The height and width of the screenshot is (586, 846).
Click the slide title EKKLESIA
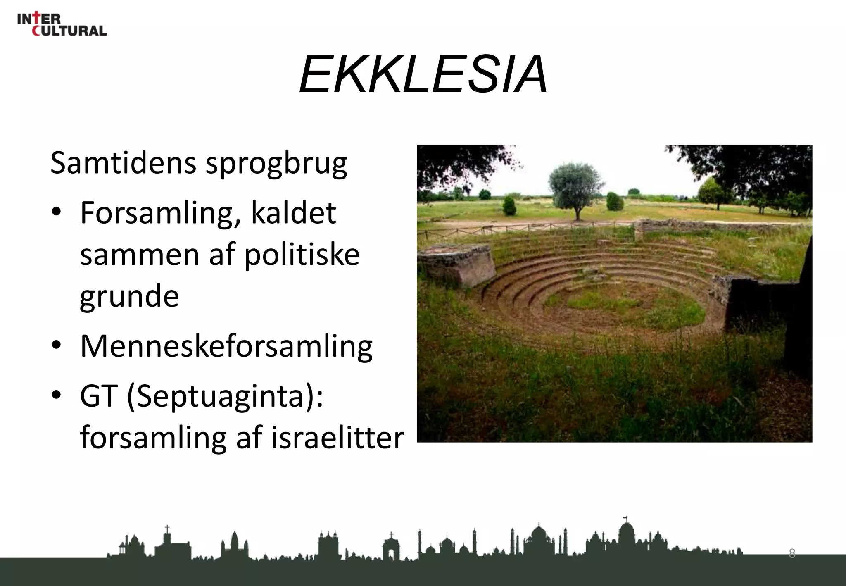(423, 74)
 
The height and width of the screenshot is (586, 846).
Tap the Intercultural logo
(62, 24)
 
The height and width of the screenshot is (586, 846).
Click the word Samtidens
(123, 163)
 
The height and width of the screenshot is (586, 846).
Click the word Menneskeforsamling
(226, 346)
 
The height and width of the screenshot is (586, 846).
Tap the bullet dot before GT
(57, 394)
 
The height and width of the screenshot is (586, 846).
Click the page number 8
(792, 553)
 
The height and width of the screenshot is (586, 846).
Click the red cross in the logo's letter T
(38, 17)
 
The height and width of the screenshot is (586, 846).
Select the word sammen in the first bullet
(140, 255)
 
